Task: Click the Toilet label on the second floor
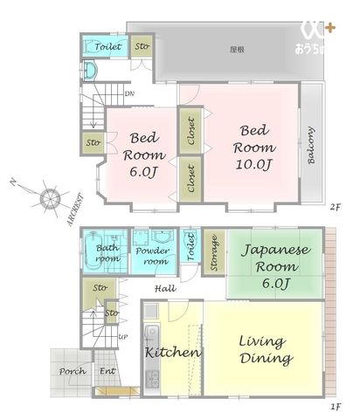coord(108,46)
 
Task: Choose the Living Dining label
coord(266,348)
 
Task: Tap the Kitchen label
coord(173,353)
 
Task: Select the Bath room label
coord(107,253)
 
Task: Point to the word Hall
coord(165,289)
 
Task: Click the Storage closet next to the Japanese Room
coord(213,253)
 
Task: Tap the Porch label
coord(73,371)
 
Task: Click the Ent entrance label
coord(107,371)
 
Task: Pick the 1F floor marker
coord(336,407)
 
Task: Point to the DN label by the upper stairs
coord(128,93)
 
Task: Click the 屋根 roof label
coord(236,50)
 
